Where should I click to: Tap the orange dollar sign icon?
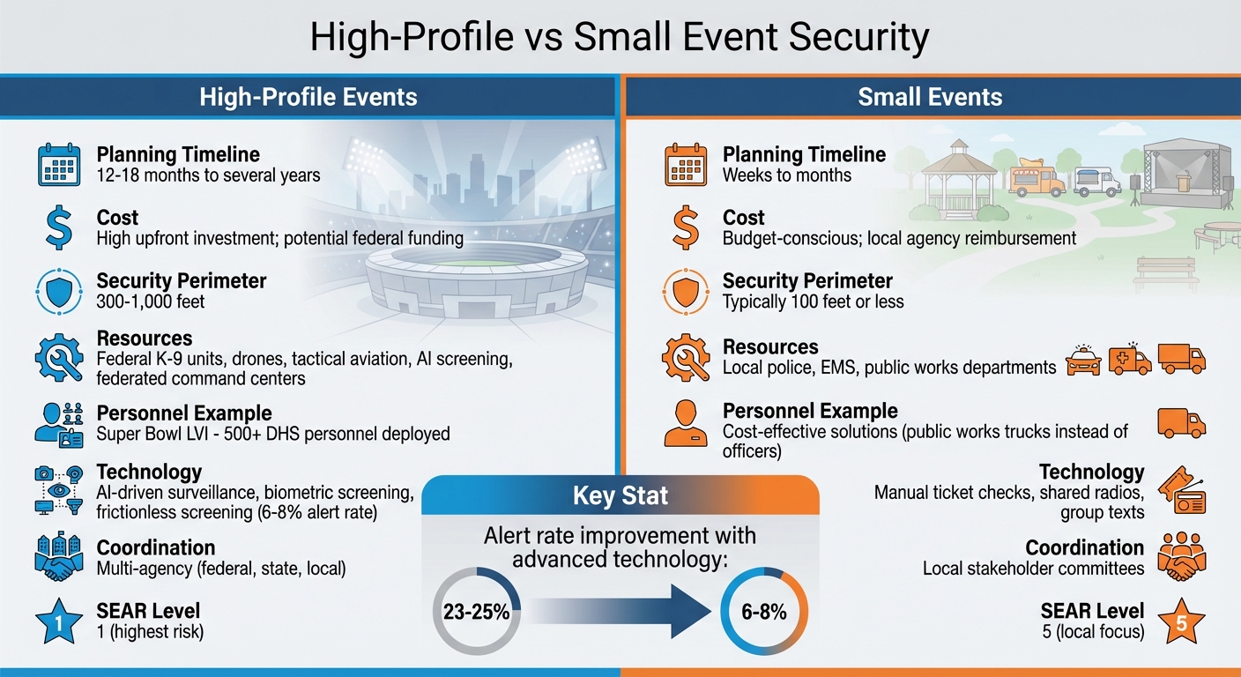pyautogui.click(x=685, y=228)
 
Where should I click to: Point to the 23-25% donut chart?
pyautogui.click(x=476, y=611)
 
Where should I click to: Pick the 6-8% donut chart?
pyautogui.click(x=763, y=611)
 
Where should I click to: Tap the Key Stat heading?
pyautogui.click(x=620, y=496)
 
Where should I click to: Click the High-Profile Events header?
pyautogui.click(x=308, y=96)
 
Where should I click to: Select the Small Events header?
pyautogui.click(x=930, y=96)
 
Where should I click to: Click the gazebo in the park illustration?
pyautogui.click(x=947, y=177)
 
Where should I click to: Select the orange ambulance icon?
pyautogui.click(x=1131, y=360)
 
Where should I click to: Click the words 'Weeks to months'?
pyautogui.click(x=787, y=175)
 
